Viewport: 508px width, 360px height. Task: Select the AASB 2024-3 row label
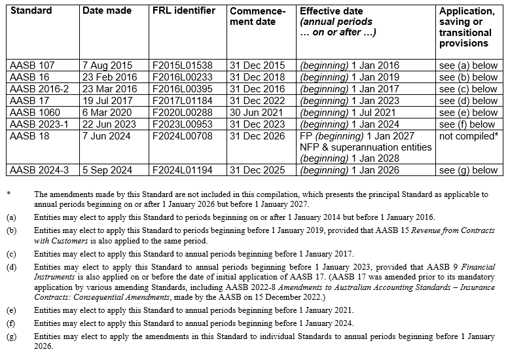(40, 170)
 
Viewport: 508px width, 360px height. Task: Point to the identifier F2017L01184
(183, 101)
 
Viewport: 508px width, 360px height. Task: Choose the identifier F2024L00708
(183, 136)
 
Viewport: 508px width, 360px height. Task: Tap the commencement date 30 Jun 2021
(257, 113)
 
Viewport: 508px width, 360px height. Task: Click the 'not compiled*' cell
(468, 136)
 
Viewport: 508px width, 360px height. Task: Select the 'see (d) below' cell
(468, 101)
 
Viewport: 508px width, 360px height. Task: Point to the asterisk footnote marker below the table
(9, 194)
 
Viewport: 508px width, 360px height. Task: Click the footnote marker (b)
(11, 231)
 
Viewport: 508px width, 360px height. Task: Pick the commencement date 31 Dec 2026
(257, 136)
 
